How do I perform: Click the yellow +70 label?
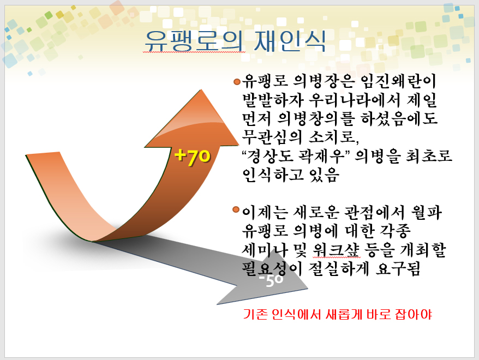click(x=193, y=157)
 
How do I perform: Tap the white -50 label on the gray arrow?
click(x=271, y=280)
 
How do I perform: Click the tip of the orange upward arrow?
click(x=201, y=90)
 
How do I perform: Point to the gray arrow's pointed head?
click(x=308, y=289)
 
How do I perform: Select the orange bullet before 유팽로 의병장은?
click(x=237, y=81)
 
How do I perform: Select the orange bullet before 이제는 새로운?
click(x=236, y=209)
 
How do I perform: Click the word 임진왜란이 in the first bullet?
click(x=398, y=81)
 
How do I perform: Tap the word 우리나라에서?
click(x=355, y=100)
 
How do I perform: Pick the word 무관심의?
click(x=272, y=137)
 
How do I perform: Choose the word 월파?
click(x=427, y=212)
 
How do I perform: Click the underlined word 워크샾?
click(x=337, y=250)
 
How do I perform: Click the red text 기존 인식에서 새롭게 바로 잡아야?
click(x=338, y=314)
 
